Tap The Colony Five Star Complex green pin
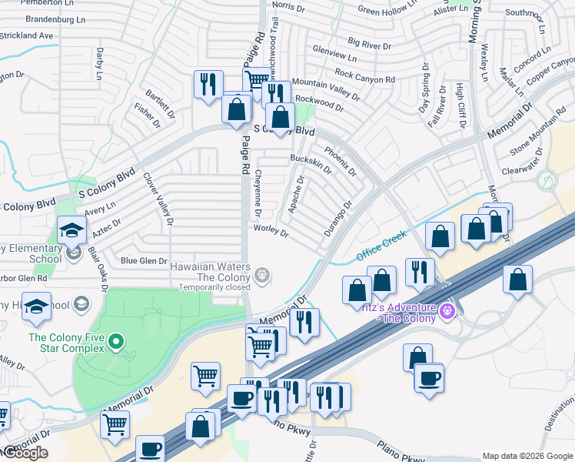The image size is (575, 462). coord(116,340)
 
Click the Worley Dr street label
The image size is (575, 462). coord(271,229)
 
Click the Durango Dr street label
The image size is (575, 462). coord(337,219)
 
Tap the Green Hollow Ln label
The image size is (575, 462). coord(386,11)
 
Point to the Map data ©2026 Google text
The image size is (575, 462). coord(527,456)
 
